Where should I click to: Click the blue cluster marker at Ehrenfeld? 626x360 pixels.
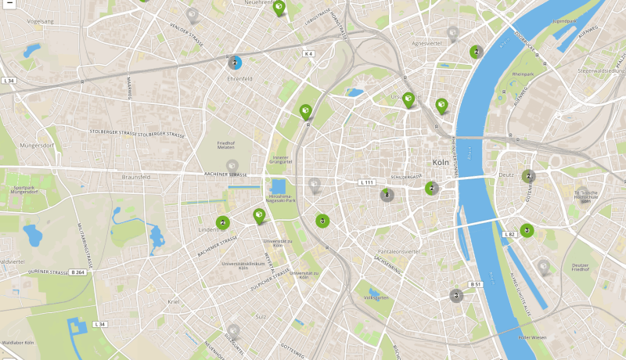(x=234, y=63)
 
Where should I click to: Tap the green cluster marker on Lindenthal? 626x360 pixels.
(x=223, y=223)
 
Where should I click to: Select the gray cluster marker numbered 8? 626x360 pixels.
(x=387, y=195)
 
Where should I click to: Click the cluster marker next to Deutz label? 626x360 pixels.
(x=529, y=176)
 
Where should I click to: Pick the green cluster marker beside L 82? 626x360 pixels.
(x=527, y=230)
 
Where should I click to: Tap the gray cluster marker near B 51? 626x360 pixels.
(x=455, y=296)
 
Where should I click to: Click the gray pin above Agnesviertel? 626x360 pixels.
(x=452, y=33)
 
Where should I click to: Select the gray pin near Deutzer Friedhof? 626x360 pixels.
(x=543, y=268)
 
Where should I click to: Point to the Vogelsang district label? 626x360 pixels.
(x=40, y=21)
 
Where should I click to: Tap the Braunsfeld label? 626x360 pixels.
(x=136, y=177)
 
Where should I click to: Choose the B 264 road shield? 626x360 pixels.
(x=77, y=272)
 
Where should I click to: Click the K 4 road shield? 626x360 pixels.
(x=308, y=53)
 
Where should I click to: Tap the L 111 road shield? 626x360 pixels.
(x=367, y=182)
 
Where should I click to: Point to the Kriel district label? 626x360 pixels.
(x=174, y=301)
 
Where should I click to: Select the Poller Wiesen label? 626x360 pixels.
(x=532, y=337)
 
